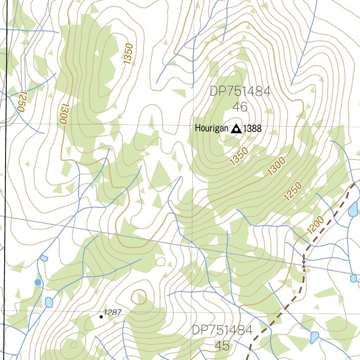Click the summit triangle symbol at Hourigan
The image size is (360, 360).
tap(236, 129)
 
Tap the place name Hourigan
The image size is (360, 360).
tap(212, 128)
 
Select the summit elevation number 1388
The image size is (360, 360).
tap(252, 129)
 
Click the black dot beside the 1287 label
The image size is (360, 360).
tap(101, 317)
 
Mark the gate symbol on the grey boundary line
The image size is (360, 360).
tap(303, 264)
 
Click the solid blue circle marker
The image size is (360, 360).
tap(38, 282)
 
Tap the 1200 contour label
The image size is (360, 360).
tap(315, 225)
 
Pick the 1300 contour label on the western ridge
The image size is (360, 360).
tap(63, 113)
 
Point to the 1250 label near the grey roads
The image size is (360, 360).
tap(21, 101)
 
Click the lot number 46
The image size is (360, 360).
tap(240, 107)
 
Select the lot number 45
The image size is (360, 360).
tap(222, 346)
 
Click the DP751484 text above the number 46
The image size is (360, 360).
tap(240, 92)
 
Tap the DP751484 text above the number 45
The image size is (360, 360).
tap(222, 330)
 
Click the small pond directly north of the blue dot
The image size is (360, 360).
tap(44, 258)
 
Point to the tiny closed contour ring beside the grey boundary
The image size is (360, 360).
tap(160, 261)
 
